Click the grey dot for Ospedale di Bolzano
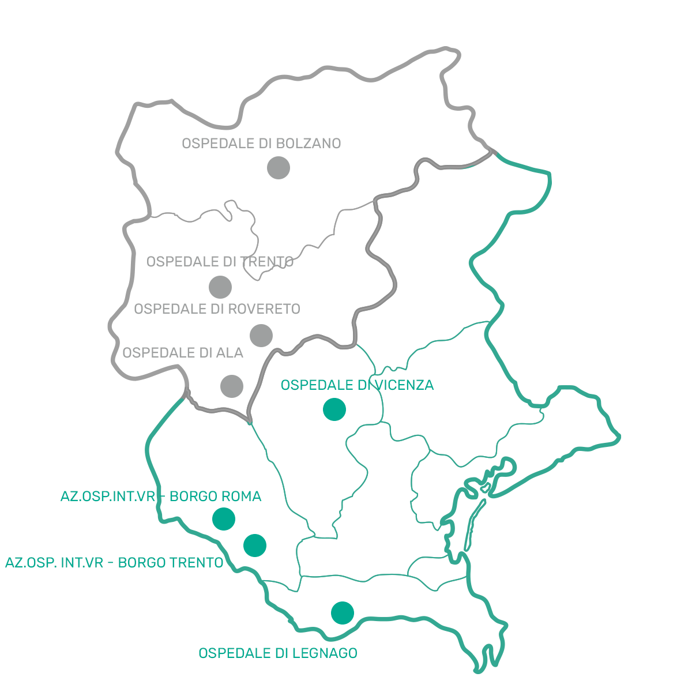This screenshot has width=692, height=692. tap(279, 168)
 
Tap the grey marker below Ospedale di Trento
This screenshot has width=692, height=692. tap(220, 287)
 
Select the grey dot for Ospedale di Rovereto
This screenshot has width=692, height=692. tap(261, 336)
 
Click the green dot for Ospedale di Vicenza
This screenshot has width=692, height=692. tap(334, 409)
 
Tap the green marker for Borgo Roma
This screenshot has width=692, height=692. tap(224, 519)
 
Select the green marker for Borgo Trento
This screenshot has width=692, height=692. tap(255, 545)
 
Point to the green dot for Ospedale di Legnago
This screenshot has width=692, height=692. tap(343, 613)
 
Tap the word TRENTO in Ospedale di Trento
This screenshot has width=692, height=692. tap(267, 262)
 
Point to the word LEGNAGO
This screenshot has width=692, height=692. tap(325, 653)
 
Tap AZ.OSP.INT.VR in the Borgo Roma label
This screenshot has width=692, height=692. tap(107, 497)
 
